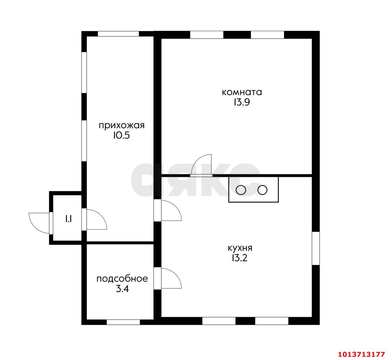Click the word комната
click(242, 92)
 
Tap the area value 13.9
click(242, 102)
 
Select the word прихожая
click(122, 126)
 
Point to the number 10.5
click(121, 135)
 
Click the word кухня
click(240, 248)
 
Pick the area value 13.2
click(240, 258)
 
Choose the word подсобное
click(122, 279)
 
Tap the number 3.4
click(122, 289)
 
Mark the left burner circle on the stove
click(241, 190)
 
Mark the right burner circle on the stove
click(262, 190)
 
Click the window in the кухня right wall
click(315, 248)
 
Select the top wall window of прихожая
click(118, 34)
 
